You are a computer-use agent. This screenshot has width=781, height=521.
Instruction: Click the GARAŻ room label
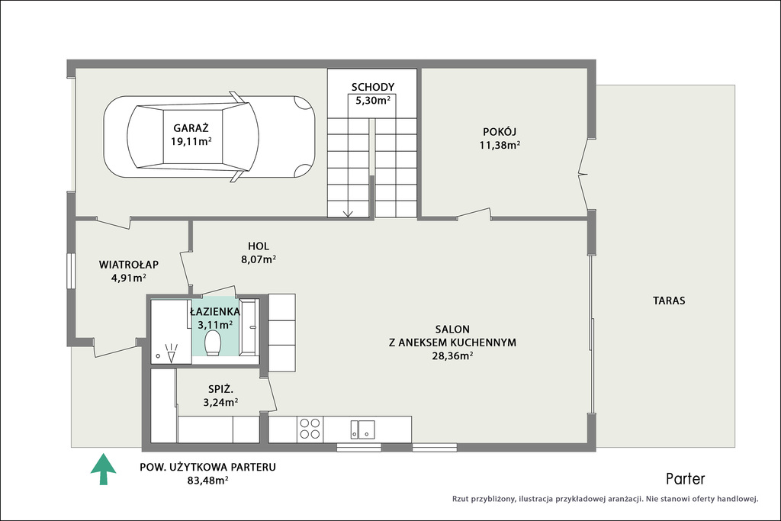[191, 127]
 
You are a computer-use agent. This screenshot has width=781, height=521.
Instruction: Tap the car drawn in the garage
[209, 137]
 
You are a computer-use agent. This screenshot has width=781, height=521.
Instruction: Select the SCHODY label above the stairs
[372, 87]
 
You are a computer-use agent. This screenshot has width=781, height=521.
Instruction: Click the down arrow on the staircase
[348, 212]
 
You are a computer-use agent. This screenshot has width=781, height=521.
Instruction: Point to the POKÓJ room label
[500, 132]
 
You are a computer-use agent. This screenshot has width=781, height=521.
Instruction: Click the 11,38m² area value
[500, 146]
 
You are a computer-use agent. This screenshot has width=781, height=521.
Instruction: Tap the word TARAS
[669, 301]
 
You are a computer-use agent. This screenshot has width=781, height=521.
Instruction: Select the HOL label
[259, 246]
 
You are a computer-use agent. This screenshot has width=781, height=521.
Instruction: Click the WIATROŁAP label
[128, 265]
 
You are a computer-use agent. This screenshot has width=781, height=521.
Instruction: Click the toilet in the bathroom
[214, 343]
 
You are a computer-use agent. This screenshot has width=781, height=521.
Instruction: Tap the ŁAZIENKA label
[214, 312]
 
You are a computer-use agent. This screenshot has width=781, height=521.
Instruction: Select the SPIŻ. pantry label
[220, 389]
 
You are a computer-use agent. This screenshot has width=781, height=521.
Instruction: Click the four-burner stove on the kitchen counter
[310, 429]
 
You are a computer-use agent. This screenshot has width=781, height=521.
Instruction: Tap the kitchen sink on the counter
[362, 429]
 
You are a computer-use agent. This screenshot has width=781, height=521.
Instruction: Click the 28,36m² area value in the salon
[452, 356]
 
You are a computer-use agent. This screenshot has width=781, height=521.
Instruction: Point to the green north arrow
[103, 468]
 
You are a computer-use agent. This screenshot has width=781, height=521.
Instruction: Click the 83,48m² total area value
[207, 481]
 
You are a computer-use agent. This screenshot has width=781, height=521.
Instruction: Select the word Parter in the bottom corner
[686, 479]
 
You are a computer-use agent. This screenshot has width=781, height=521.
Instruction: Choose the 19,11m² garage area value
[191, 141]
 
